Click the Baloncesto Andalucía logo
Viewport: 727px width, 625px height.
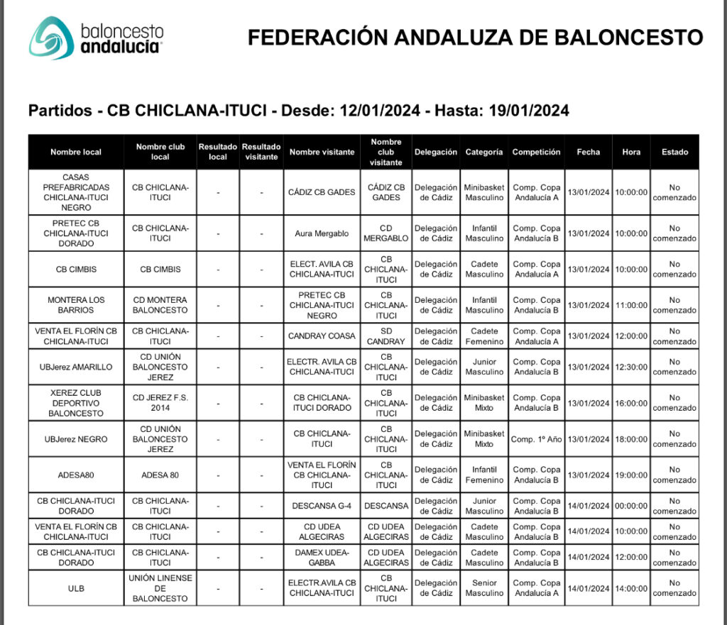(97, 38)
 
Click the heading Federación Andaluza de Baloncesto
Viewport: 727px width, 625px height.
(475, 38)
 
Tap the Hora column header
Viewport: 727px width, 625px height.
(631, 152)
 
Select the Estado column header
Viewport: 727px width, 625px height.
(674, 152)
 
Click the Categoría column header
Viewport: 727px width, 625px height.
(484, 152)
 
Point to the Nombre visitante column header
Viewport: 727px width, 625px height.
(322, 152)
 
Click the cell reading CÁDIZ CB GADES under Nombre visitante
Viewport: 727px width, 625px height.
(322, 192)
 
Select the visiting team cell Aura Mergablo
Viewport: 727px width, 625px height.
(322, 233)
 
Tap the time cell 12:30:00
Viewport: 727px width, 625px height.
(631, 367)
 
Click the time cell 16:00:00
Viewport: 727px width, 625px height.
(631, 403)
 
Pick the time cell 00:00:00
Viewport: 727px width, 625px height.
(631, 506)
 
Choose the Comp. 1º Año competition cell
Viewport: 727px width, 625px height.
(536, 439)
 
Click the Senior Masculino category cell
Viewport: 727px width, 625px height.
(484, 588)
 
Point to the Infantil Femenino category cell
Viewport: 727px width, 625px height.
(484, 475)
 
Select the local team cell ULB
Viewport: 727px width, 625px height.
(76, 588)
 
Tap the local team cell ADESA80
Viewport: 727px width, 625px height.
(76, 475)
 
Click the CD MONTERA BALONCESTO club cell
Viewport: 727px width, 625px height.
(160, 305)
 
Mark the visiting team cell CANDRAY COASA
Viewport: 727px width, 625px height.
(322, 336)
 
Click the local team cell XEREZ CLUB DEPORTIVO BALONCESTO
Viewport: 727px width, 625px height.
(76, 403)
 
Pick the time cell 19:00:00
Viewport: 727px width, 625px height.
(631, 475)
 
